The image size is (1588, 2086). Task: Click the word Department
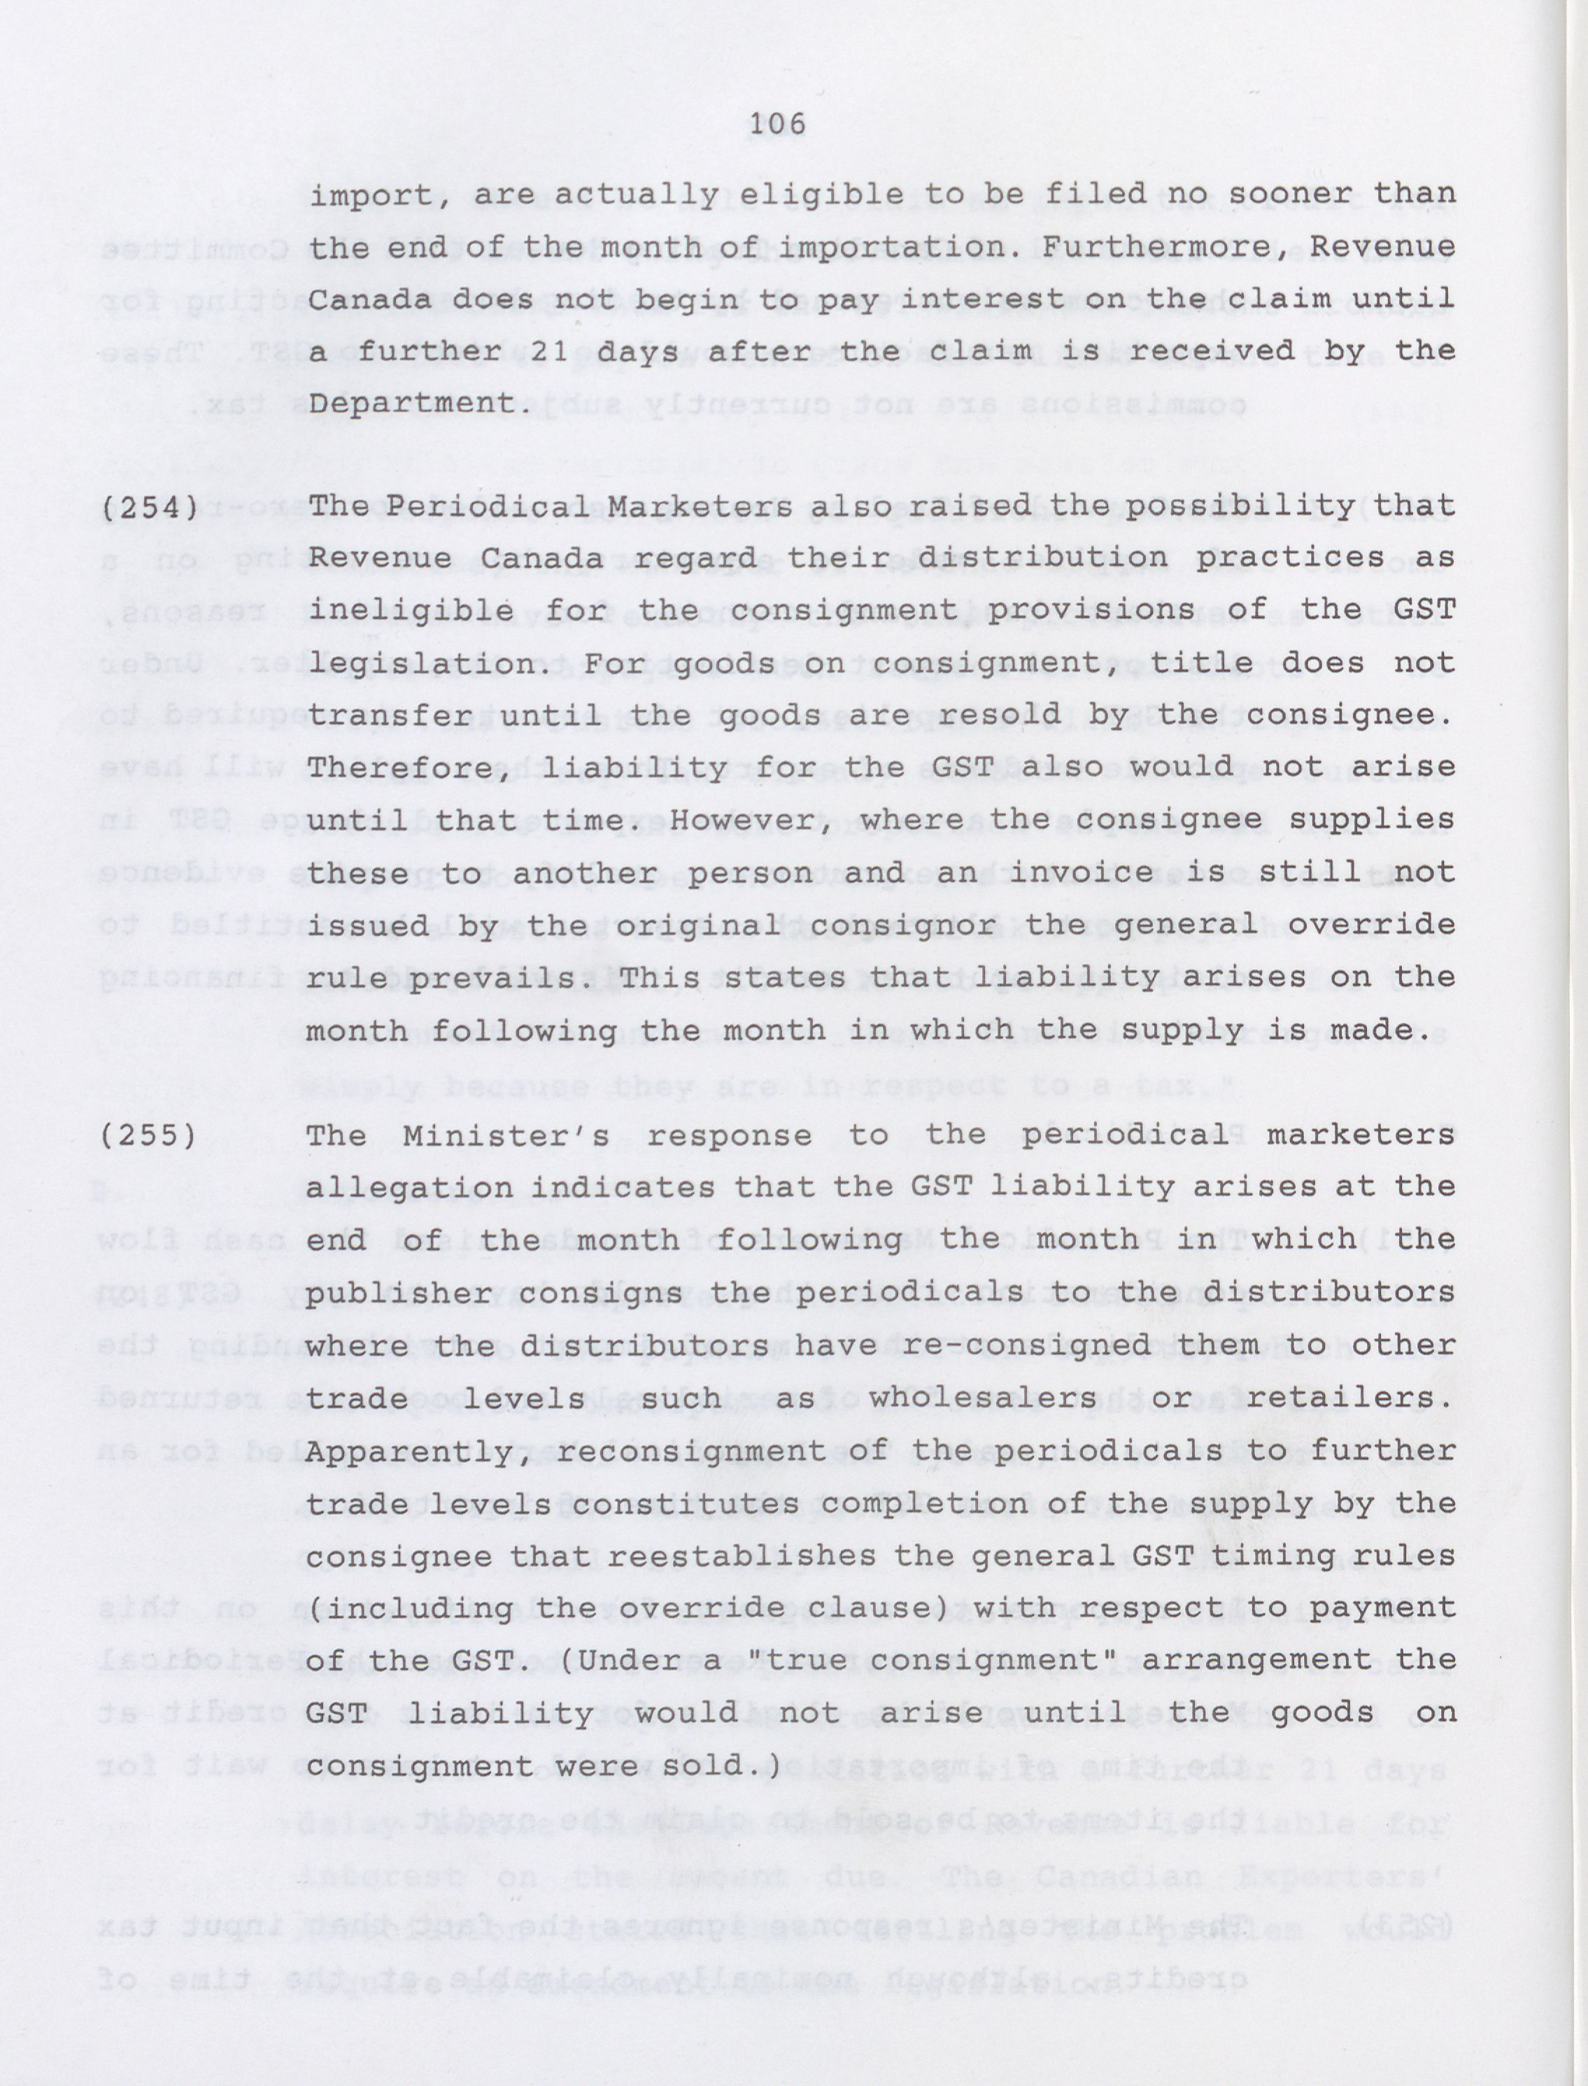pyautogui.click(x=415, y=404)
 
